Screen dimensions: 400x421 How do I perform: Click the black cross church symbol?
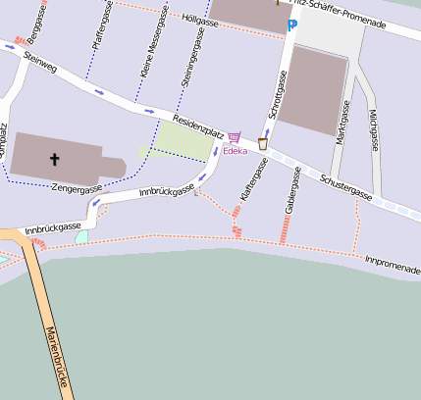55,158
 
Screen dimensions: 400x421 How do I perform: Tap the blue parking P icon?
291,25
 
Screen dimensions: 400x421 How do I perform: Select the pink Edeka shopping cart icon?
234,138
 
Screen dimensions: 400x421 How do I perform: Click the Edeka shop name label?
236,151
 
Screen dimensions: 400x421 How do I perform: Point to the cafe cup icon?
263,143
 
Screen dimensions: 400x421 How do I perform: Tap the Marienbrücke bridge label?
54,354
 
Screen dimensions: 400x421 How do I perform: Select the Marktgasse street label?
341,126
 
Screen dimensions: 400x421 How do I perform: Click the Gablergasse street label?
290,190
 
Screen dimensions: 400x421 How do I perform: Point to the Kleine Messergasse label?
149,46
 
